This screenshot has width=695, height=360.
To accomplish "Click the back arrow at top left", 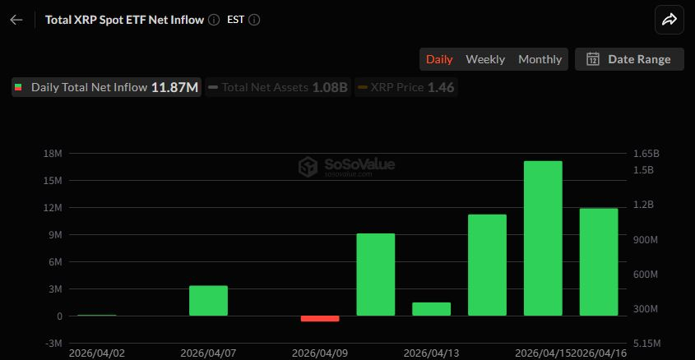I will point(16,20).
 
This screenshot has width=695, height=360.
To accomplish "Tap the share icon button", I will point(669,20).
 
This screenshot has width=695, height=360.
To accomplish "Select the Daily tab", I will point(439,59).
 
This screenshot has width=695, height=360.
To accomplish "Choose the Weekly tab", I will point(485,59).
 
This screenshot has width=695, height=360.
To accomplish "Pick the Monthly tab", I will point(540,59).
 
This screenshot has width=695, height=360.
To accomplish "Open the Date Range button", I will point(629,59).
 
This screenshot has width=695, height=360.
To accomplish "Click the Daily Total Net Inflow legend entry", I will point(106,87).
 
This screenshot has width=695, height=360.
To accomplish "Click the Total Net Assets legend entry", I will point(278,87).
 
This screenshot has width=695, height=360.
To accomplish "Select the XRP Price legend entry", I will point(406,87).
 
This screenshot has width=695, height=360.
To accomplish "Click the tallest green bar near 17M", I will point(543,238).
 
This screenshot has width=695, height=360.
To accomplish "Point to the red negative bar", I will point(320,318).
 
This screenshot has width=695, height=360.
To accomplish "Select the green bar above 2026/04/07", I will point(208,301).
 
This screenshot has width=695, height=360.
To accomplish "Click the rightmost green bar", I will point(599,262).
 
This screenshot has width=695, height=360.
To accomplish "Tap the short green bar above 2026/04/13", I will point(432,309).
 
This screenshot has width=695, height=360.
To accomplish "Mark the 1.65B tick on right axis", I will point(646,154).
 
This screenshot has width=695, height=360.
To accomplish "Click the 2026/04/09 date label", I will point(320,353).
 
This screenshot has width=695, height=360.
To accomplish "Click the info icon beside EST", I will point(254,20).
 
